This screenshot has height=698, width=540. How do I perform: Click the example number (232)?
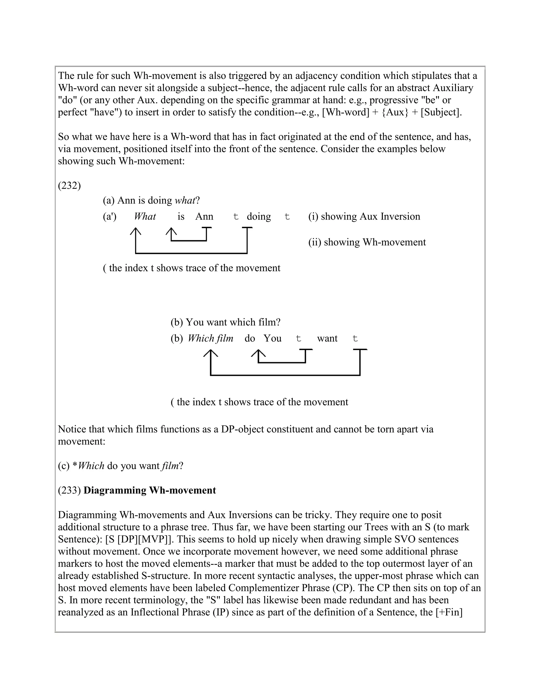(x=69, y=185)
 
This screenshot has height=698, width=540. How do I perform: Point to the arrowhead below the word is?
(x=171, y=231)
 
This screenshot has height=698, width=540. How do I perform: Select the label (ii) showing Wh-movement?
(x=367, y=242)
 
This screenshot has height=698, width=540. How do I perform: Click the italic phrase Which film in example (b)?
(x=210, y=338)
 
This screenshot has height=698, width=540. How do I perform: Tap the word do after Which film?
(x=249, y=338)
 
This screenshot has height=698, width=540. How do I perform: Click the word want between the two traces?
(x=327, y=338)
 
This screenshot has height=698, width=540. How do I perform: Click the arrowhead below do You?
(x=258, y=353)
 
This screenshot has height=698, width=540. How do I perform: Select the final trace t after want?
(x=355, y=339)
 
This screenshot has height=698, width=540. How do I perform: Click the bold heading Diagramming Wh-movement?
(x=150, y=490)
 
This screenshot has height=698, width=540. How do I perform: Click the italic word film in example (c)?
(x=170, y=466)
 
